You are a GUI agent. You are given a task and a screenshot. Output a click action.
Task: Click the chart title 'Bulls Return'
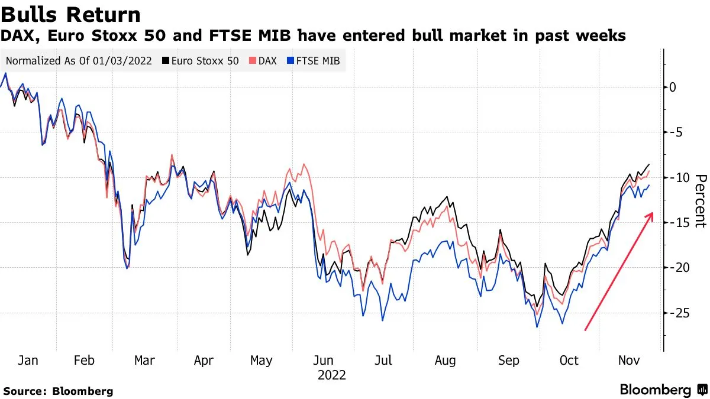pos(71,14)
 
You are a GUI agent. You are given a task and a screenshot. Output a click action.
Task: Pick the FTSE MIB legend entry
pos(313,60)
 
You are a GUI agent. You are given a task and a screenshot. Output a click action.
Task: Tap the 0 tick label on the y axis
pos(672,87)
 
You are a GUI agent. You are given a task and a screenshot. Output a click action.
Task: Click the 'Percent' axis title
pos(701,201)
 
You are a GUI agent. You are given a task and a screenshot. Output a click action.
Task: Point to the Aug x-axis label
pos(445,360)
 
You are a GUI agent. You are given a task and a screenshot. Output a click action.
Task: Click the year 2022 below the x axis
pos(331,375)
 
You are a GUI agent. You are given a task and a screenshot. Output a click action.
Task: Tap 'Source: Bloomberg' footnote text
pos(58,391)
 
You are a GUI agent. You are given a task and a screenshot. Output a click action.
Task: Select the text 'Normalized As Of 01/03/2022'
pos(79,60)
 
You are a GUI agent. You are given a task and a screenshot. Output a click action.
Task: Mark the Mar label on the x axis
pos(144,360)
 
